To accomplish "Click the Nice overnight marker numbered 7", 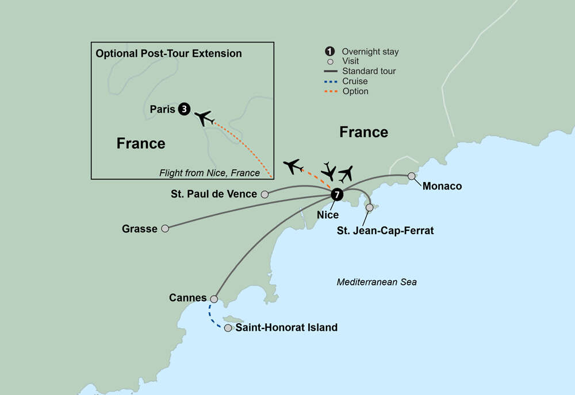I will point(337,195).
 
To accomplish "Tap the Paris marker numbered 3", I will point(184,109).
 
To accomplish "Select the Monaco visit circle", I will point(412,176).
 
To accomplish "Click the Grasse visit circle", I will point(165,229).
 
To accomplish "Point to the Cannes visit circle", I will point(214,299).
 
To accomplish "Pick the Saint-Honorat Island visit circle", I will point(228,328).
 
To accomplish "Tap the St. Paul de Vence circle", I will point(264,195).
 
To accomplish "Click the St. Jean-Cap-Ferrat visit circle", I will point(370,207).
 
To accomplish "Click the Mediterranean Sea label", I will point(377,282).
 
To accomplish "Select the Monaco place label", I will point(442,187).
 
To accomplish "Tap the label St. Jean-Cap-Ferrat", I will point(385,231).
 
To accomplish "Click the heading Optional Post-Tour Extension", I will point(168,53).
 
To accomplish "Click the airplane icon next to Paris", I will point(204,118).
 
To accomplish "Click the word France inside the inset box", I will point(141,143).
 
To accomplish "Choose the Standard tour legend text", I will point(369,71).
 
